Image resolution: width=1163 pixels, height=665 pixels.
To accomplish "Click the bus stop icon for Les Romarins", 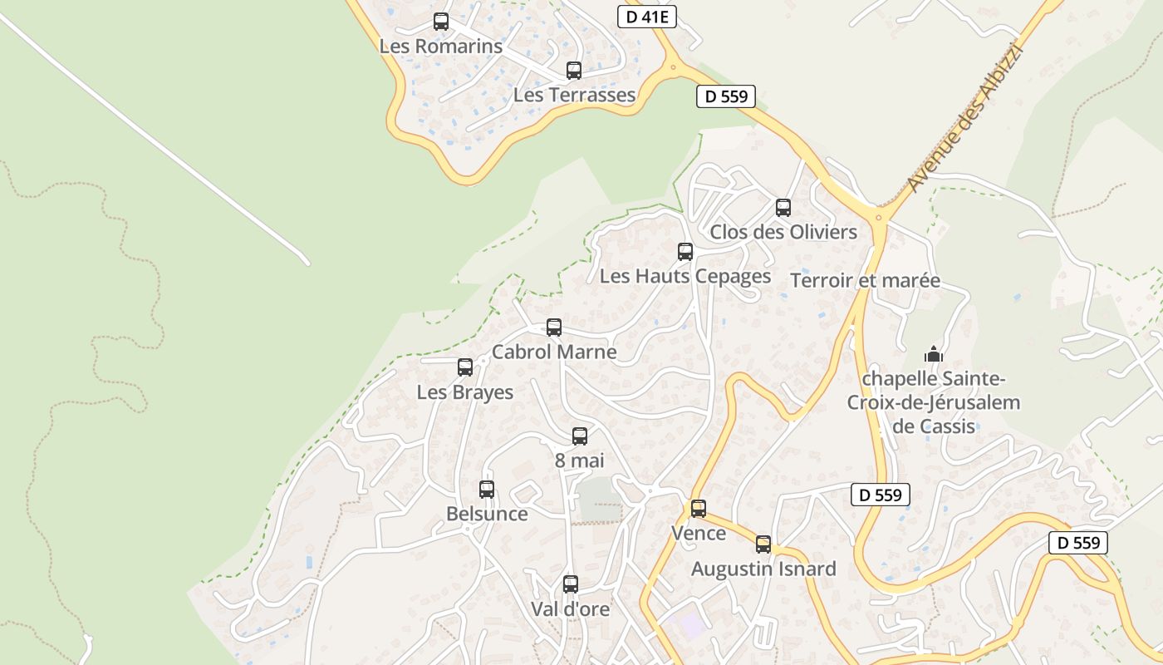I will point(441,22).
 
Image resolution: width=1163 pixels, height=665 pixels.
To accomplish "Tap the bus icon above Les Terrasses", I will point(574,71).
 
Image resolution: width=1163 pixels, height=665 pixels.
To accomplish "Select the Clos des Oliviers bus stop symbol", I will point(783,208).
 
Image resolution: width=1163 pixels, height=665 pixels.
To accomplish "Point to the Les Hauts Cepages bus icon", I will point(685,252).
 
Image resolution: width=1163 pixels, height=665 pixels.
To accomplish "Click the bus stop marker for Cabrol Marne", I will point(554,328).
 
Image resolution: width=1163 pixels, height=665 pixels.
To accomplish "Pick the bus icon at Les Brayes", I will point(465,367).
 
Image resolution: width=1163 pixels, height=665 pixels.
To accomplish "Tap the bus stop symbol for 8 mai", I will point(580,436).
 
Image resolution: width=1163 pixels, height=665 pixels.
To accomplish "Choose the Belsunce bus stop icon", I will point(487,490).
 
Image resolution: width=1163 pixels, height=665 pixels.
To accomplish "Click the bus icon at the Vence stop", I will point(699,509).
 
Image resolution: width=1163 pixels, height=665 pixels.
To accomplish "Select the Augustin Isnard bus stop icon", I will point(763,545).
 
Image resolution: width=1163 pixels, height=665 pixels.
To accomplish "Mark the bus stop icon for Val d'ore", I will point(570,584).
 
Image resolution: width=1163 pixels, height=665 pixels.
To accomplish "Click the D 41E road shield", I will point(647,17).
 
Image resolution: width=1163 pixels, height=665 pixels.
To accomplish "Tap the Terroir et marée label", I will point(865,280).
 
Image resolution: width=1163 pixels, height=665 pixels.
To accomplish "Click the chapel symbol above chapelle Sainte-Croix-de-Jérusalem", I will point(934,354).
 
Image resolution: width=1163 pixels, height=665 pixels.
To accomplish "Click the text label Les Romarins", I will point(441,47).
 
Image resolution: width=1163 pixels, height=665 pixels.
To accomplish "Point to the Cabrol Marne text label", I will point(554,352).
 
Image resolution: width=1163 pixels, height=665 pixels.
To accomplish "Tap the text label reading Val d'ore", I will point(570,609).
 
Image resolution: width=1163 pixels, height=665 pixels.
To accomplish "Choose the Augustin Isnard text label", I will point(763,569).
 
